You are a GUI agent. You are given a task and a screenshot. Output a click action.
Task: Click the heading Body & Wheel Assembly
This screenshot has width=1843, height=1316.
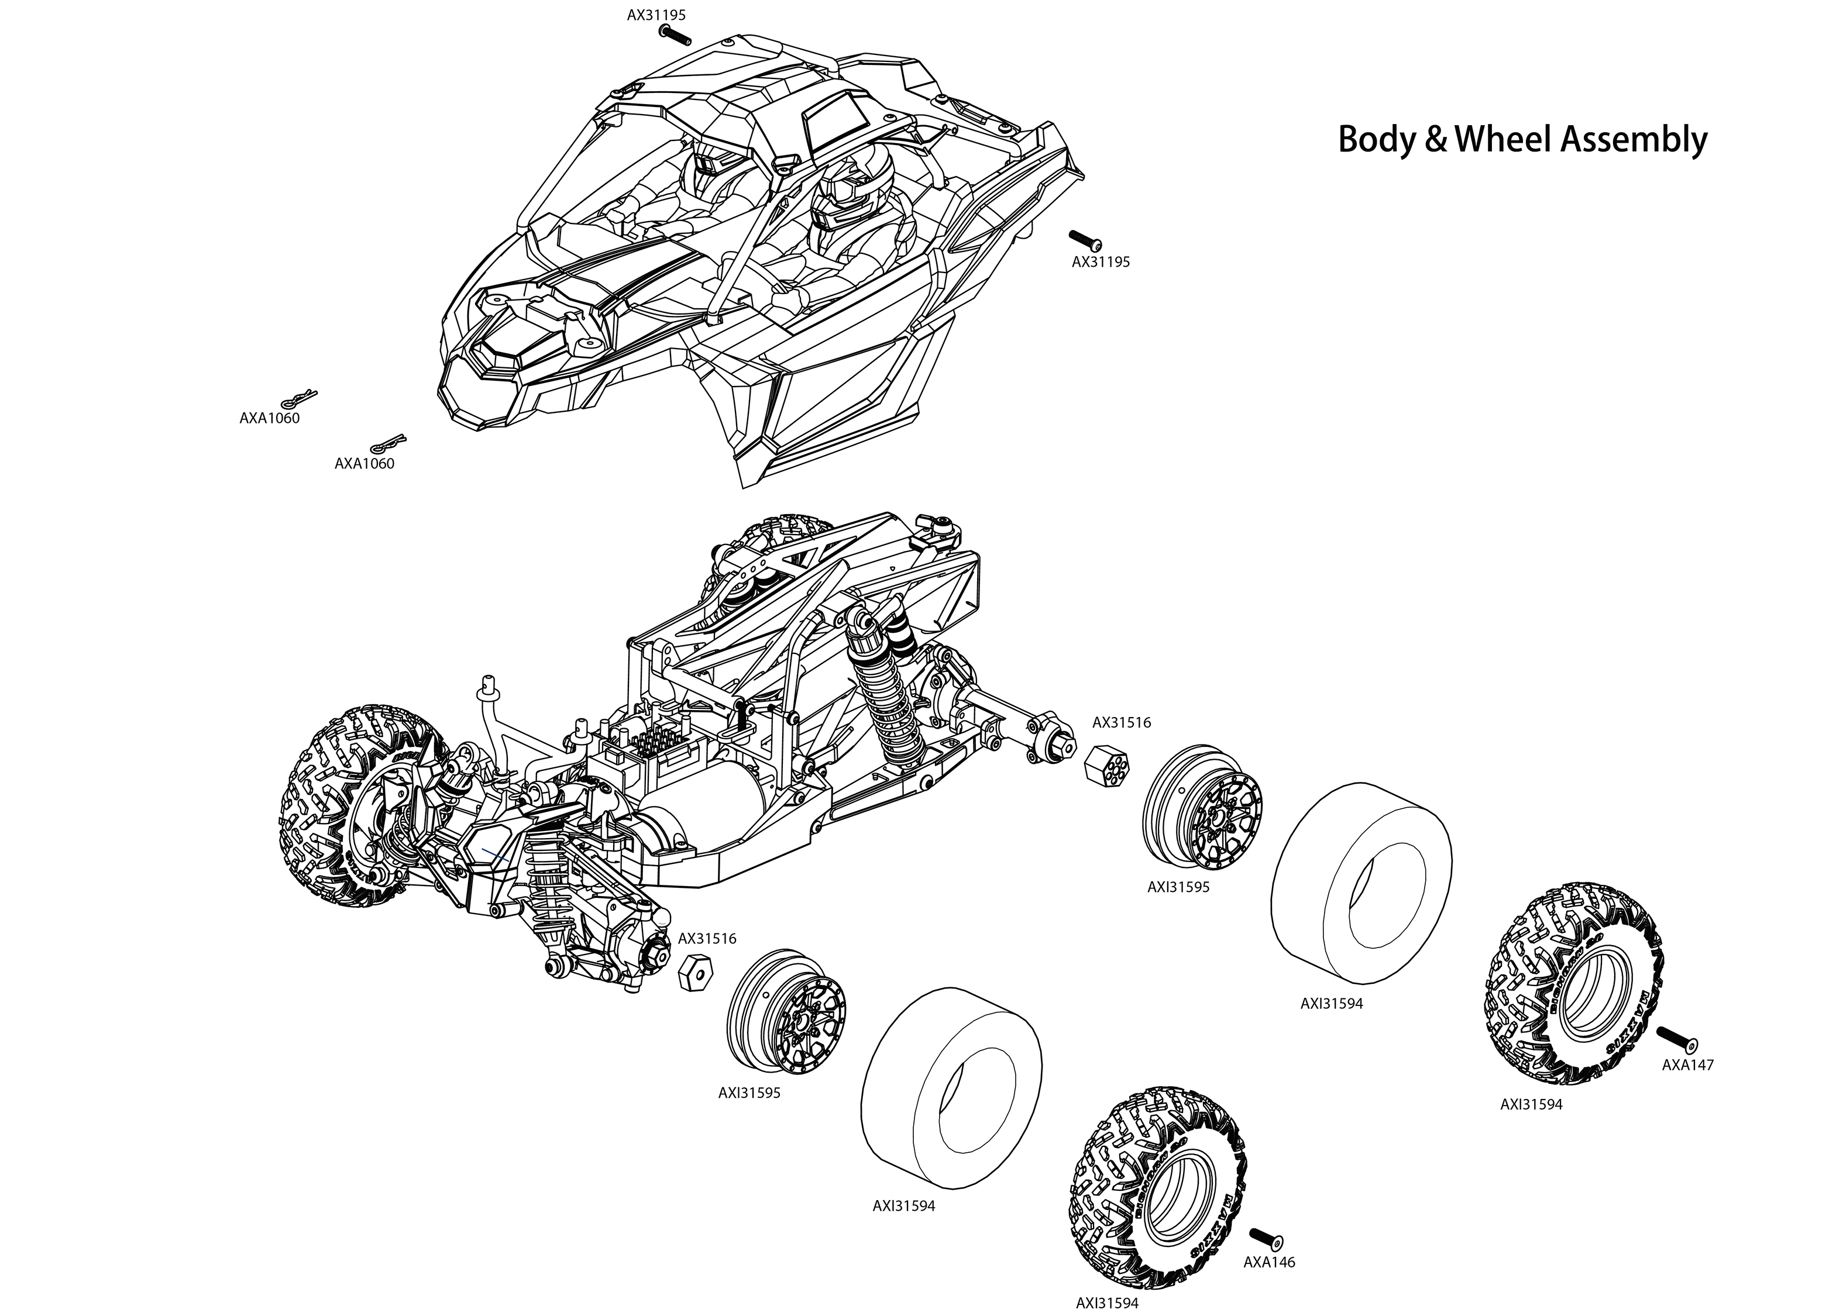(1521, 139)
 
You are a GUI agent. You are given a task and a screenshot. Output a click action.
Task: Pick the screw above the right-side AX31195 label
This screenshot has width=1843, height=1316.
(1085, 240)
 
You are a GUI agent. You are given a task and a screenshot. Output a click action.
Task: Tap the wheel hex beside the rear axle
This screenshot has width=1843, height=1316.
(1107, 762)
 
